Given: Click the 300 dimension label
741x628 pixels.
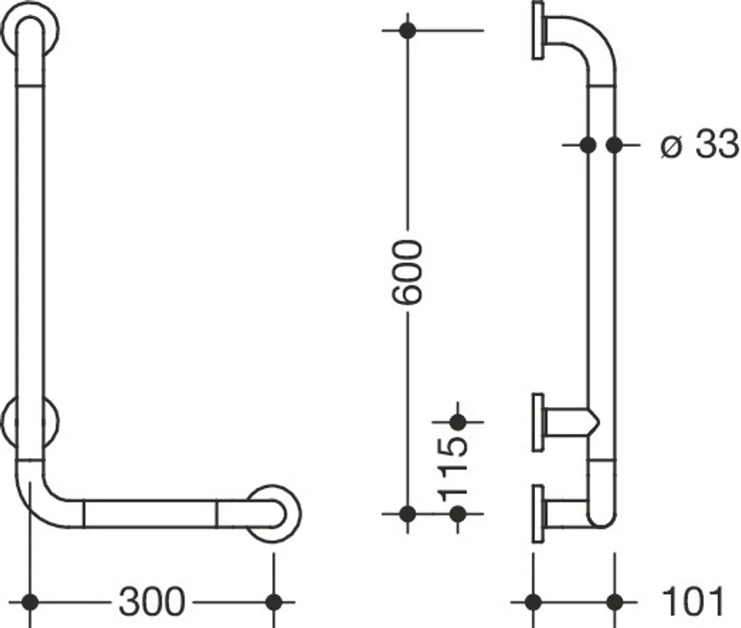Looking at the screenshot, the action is click(152, 601).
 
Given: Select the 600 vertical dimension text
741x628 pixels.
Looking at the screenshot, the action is click(407, 271).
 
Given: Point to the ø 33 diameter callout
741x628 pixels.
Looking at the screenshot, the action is click(699, 144).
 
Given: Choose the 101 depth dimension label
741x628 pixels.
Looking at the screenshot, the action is click(693, 601).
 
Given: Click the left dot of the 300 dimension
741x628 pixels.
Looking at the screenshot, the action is click(30, 602).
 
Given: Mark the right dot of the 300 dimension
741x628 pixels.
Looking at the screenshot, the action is click(274, 602).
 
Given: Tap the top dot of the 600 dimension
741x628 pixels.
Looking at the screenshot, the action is click(408, 31).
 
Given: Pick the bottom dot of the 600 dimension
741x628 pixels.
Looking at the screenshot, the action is click(408, 513).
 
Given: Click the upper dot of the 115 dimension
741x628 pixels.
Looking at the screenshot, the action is click(457, 422).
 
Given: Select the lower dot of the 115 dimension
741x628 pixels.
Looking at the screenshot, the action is click(457, 513).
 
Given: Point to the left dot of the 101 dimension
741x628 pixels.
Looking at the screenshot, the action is click(533, 602).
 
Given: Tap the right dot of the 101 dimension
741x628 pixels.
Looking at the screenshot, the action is click(615, 602).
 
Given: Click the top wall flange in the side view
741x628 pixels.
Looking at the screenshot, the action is click(538, 31).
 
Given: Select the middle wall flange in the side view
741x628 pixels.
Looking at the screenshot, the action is click(538, 422).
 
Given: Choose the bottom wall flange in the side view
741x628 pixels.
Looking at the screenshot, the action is click(538, 513).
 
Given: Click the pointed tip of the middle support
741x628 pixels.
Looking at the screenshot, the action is click(599, 420).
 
